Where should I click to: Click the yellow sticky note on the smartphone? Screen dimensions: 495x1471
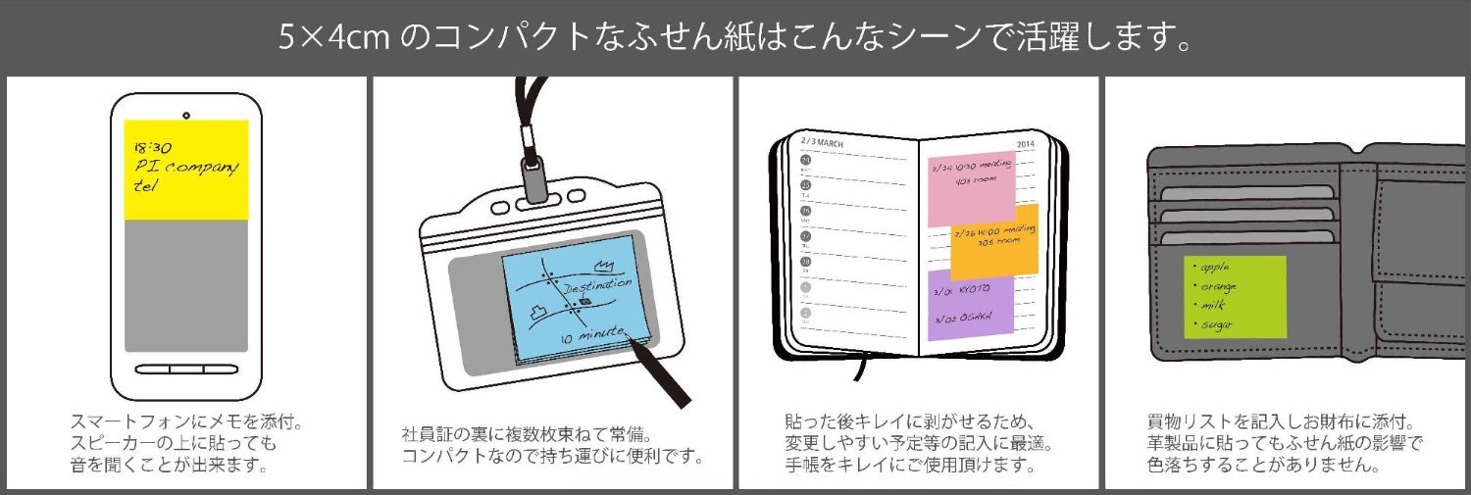[186, 170]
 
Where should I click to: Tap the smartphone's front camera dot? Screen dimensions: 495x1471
[185, 107]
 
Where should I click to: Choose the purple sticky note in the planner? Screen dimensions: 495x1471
[971, 304]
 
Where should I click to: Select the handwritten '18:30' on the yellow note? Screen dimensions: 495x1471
[151, 145]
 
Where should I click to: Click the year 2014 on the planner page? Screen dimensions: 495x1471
[1026, 144]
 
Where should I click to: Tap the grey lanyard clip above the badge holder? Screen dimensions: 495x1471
[535, 179]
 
